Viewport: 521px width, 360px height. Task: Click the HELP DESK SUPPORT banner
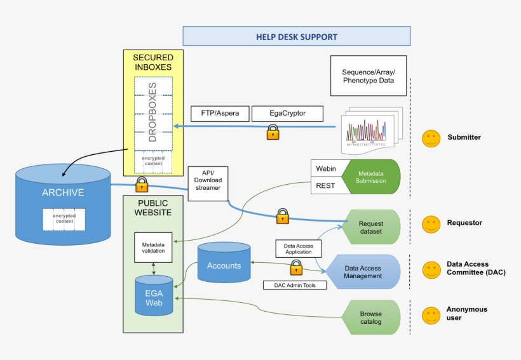[x=296, y=36]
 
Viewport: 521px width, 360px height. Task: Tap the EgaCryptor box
[x=287, y=114]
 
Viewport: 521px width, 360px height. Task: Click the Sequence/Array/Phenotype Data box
[x=368, y=75]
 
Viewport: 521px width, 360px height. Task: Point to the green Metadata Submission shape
[x=371, y=177]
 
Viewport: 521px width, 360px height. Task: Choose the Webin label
[x=326, y=168]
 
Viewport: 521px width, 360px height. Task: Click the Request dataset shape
[x=371, y=227]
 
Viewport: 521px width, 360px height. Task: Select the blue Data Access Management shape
[x=363, y=272]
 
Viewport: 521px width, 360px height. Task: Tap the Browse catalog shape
[x=371, y=317]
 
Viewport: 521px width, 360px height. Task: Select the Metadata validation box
[x=153, y=246]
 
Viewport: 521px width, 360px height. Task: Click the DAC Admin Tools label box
[x=295, y=285]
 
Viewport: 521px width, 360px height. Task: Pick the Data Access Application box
[x=298, y=248]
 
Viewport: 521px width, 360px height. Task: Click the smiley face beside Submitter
[x=431, y=138]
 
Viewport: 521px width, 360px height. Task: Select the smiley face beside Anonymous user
[x=431, y=316]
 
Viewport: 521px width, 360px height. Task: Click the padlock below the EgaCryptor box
[x=273, y=132]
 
